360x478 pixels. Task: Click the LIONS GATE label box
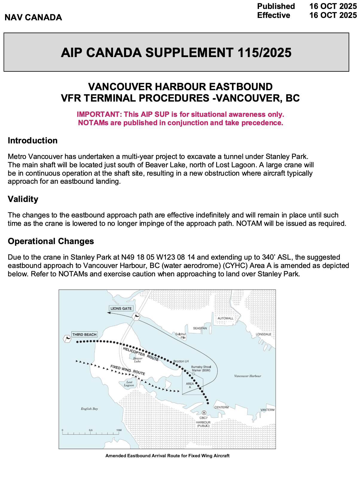click(121, 309)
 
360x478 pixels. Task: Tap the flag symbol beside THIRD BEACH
click(67, 339)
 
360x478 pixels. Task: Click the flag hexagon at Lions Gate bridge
click(136, 316)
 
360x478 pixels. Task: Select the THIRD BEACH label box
click(84, 335)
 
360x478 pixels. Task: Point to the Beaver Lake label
click(138, 360)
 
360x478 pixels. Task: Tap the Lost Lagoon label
click(129, 384)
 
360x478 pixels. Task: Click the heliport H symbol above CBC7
click(204, 413)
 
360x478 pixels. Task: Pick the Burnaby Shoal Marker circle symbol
click(193, 374)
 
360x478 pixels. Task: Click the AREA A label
click(190, 385)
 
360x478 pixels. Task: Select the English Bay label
click(89, 409)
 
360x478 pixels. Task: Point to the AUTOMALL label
click(225, 318)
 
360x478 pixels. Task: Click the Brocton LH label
click(181, 361)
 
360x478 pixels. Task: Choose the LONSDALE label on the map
click(263, 334)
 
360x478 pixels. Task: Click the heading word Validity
click(23, 199)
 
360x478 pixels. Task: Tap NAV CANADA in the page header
click(33, 17)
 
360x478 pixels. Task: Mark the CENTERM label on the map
click(222, 407)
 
